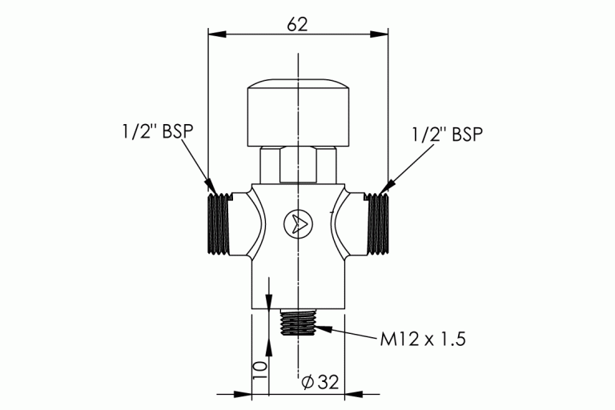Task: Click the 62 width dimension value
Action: [297, 24]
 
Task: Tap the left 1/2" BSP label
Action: [154, 132]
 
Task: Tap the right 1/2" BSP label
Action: [448, 134]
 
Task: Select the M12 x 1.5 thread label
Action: [422, 339]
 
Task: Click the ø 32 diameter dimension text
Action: [319, 382]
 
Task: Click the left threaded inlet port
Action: [219, 223]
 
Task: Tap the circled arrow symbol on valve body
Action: [297, 223]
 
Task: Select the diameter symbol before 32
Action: [307, 382]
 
